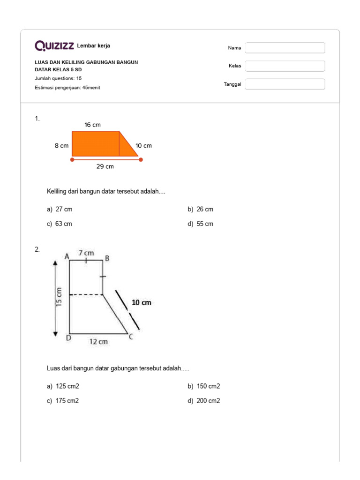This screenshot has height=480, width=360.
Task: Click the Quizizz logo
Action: point(54,45)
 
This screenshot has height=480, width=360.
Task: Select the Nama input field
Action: point(285,48)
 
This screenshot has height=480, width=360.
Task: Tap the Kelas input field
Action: point(285,66)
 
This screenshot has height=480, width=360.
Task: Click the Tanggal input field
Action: point(285,84)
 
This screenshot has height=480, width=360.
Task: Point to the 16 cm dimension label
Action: point(92,125)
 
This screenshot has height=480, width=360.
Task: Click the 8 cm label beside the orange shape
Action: point(61,146)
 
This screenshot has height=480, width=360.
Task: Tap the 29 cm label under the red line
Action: point(105,166)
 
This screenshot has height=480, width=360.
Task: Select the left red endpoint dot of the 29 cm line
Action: point(72,159)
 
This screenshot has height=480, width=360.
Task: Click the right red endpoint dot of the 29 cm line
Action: point(141,159)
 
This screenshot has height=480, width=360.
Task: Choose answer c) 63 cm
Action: point(60,224)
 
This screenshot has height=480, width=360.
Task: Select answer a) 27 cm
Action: point(60,210)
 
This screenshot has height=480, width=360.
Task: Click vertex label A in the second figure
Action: point(67,256)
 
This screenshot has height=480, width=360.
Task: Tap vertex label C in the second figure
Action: point(131,336)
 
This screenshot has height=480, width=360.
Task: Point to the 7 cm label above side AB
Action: point(86,253)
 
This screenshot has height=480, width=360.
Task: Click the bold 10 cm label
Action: point(141,303)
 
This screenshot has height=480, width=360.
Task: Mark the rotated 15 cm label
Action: point(59,296)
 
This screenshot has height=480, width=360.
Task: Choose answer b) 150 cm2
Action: point(204,386)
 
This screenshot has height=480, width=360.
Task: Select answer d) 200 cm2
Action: point(204,401)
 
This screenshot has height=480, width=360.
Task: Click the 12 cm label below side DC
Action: point(98,342)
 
